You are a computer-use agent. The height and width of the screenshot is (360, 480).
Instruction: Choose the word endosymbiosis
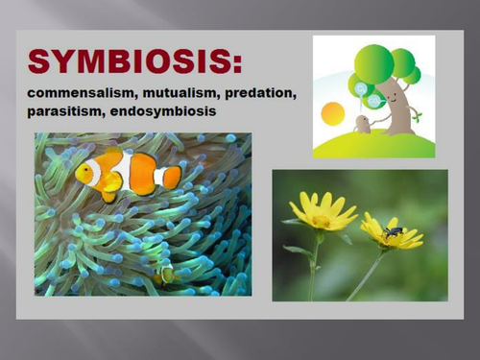[x=162, y=111]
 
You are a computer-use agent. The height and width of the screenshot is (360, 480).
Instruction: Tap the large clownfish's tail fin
[x=171, y=178]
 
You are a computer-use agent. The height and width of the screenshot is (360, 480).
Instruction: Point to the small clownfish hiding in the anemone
[x=165, y=275]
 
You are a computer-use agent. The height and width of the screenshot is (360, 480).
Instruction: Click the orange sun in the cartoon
[x=332, y=113]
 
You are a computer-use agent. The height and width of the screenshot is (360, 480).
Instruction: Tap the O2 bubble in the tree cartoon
[x=362, y=86]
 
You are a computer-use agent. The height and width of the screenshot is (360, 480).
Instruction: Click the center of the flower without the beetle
[x=320, y=220]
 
